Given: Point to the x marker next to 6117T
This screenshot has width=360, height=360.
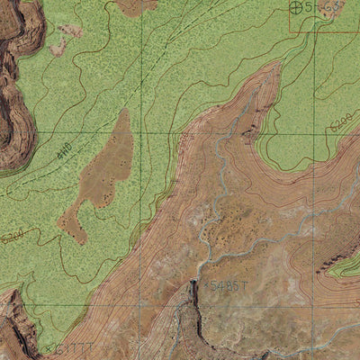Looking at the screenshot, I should pyautogui.click(x=48, y=347).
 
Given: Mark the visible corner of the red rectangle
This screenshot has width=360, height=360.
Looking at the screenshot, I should pyautogui.click(x=290, y=32).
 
